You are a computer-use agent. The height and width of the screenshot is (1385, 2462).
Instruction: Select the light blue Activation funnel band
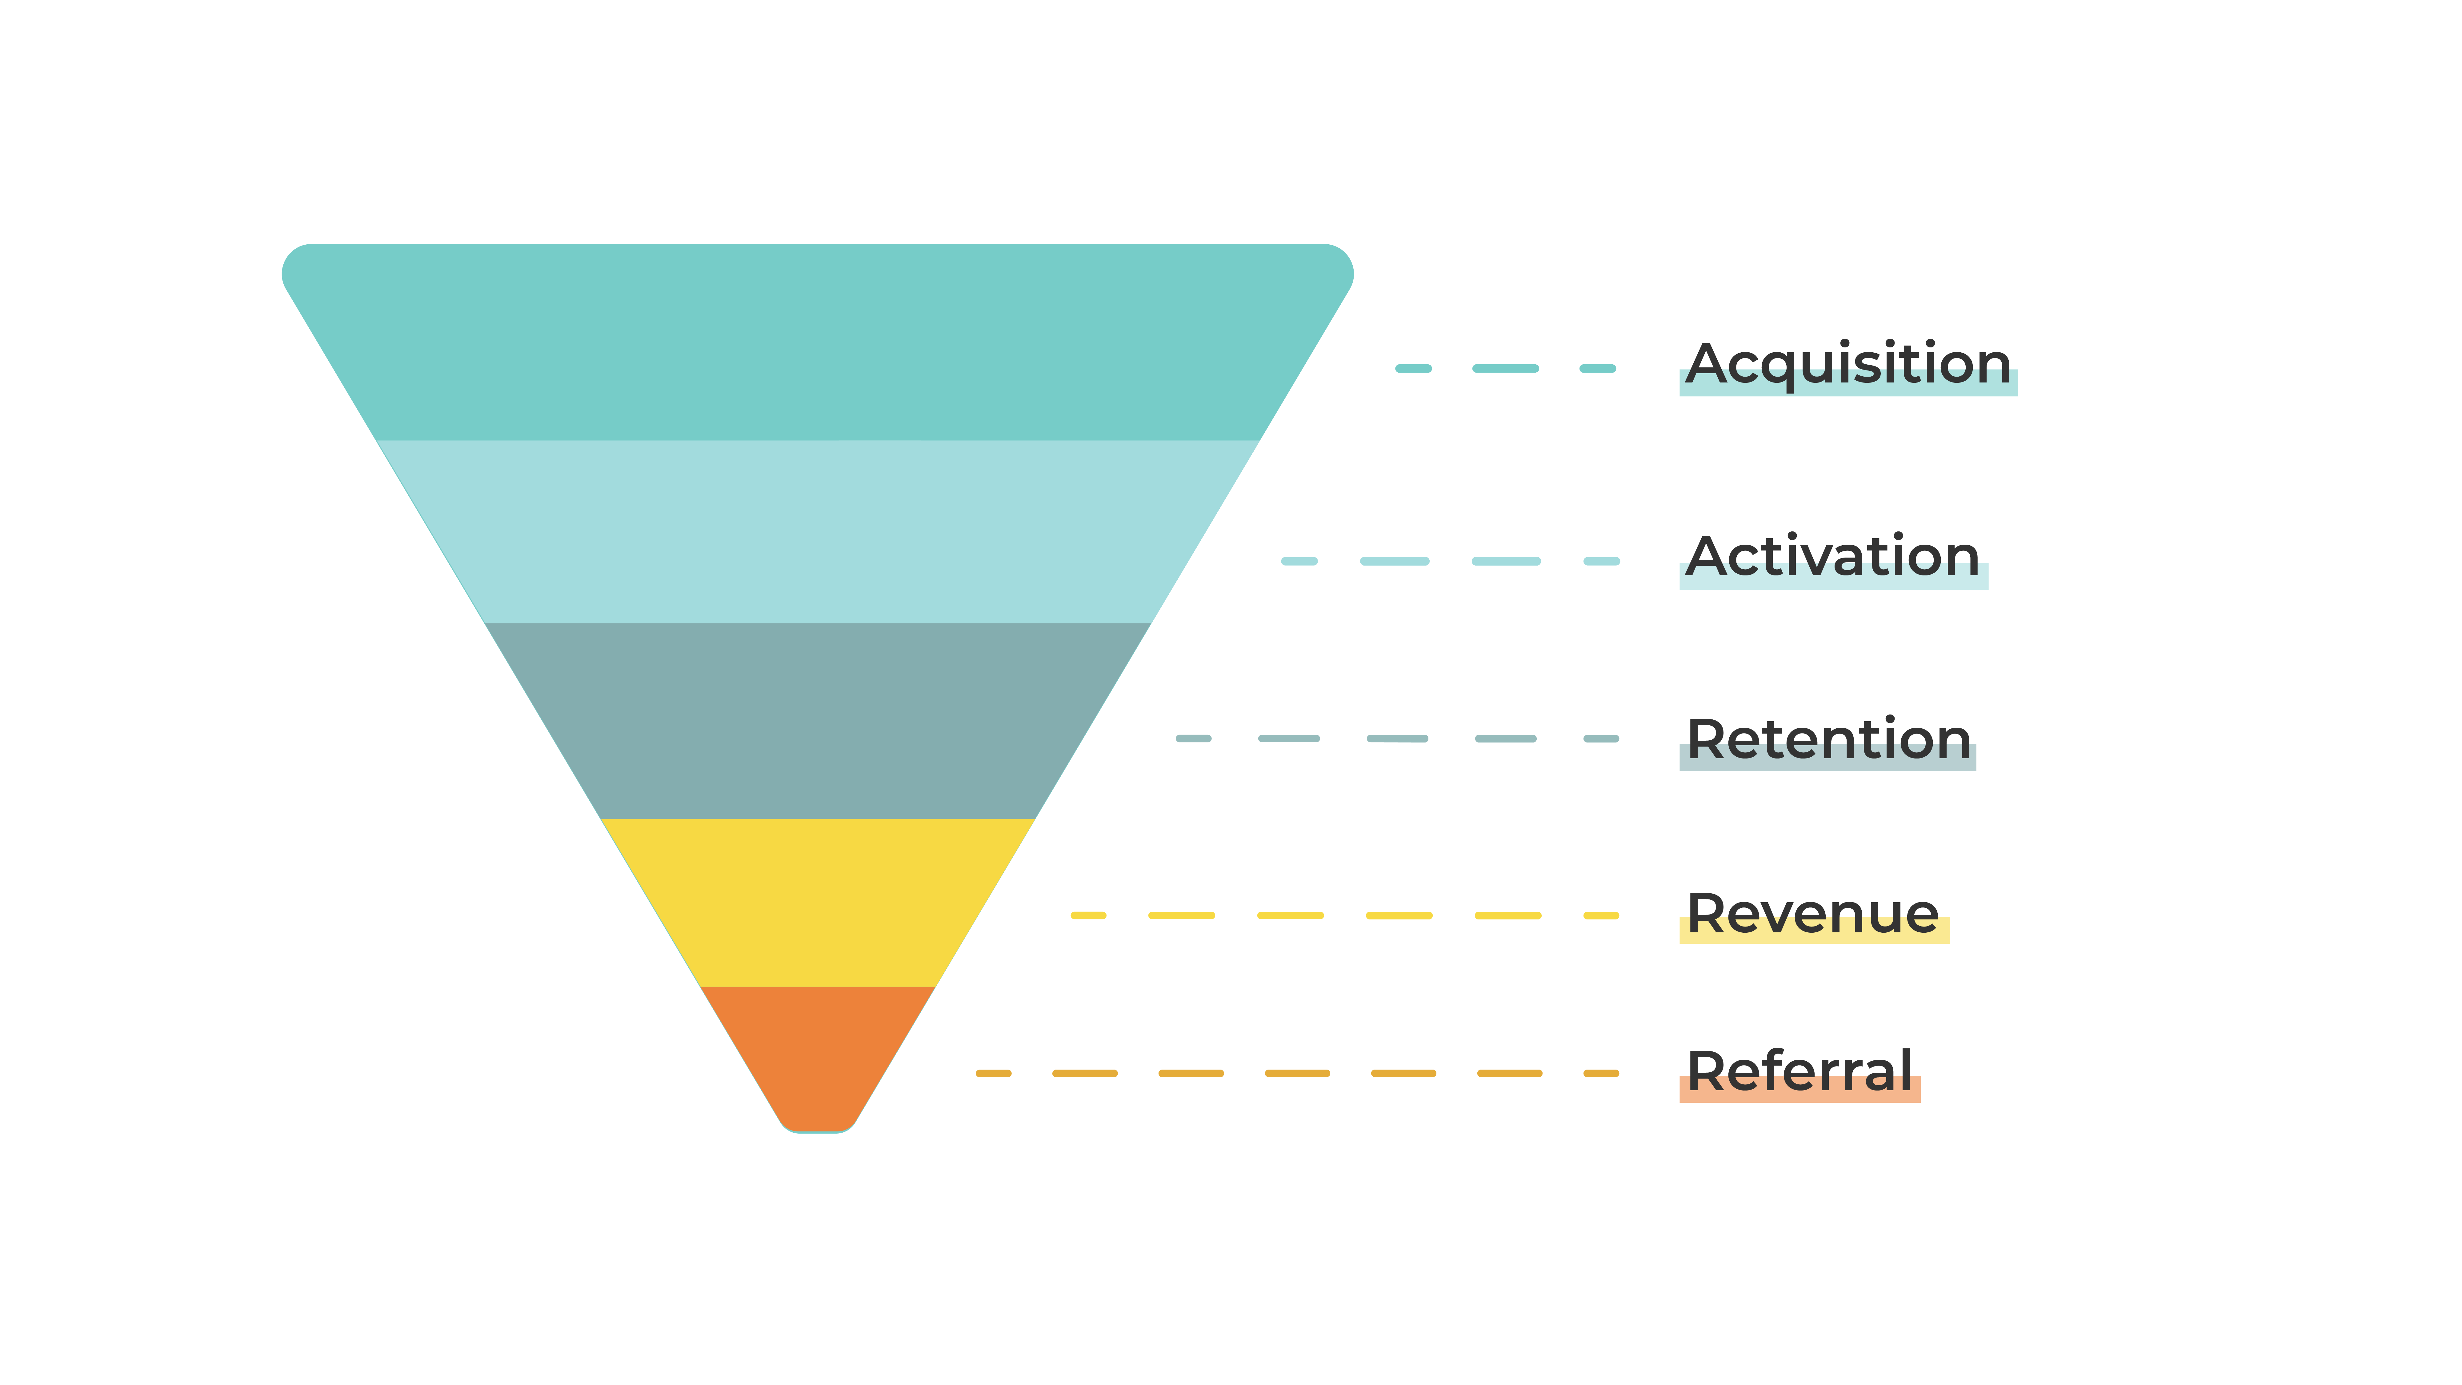(x=817, y=531)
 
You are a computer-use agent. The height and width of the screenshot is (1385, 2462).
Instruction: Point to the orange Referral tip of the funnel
(x=817, y=1056)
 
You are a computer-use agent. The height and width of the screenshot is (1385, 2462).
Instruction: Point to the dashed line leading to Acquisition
(x=1505, y=368)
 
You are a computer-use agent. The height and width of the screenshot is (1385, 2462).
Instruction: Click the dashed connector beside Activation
(x=1450, y=561)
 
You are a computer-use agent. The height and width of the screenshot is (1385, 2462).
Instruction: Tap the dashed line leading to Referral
(x=1297, y=1073)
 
